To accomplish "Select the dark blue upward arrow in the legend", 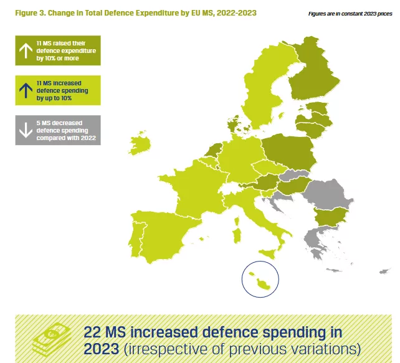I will point(26,91).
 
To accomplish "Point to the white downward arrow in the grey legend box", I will point(26,130).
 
